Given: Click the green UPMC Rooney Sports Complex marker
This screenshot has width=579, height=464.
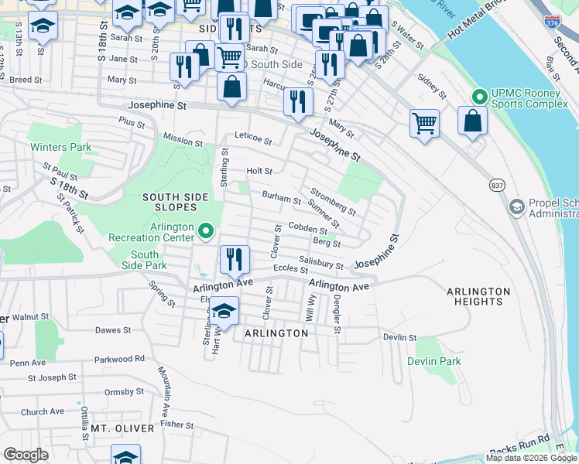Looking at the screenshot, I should click(479, 97).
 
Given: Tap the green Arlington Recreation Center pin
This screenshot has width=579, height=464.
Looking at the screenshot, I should click(205, 230).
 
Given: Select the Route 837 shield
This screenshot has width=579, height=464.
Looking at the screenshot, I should click(496, 185).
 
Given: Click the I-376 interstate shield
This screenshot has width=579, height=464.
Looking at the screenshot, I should click(552, 23).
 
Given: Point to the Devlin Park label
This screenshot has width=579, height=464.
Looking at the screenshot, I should click(433, 361).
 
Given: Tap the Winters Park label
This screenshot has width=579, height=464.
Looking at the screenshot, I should click(60, 147).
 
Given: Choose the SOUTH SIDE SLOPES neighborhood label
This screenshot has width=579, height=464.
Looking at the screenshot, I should click(175, 197).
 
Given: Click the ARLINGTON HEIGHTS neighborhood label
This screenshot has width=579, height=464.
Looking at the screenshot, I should click(478, 297).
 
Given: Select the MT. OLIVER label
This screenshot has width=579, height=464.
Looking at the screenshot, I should click(115, 428).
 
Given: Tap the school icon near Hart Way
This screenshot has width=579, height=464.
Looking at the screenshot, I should click(224, 311).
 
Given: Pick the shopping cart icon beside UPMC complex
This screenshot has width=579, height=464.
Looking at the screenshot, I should click(424, 122).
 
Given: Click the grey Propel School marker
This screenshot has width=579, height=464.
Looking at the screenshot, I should click(516, 207).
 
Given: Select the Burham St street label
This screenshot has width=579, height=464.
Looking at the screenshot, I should click(281, 198).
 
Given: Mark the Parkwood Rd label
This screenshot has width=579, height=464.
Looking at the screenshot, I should click(119, 359).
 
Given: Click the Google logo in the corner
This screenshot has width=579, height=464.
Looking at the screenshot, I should click(26, 455).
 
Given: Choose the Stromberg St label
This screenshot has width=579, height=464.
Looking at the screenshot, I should click(333, 200).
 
